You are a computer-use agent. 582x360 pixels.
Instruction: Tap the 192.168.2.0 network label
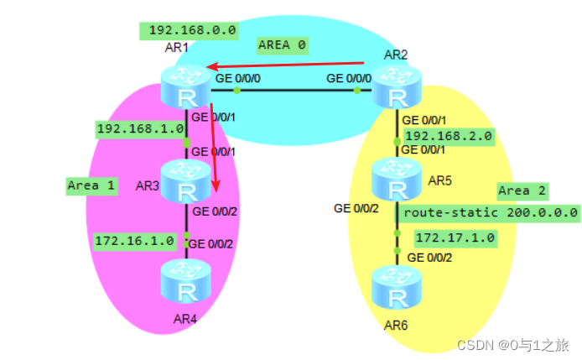click(449, 135)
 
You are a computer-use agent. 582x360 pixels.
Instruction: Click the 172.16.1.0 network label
click(135, 241)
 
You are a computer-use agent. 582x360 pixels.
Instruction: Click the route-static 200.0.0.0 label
click(491, 212)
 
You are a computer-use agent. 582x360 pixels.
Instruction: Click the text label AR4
click(184, 320)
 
